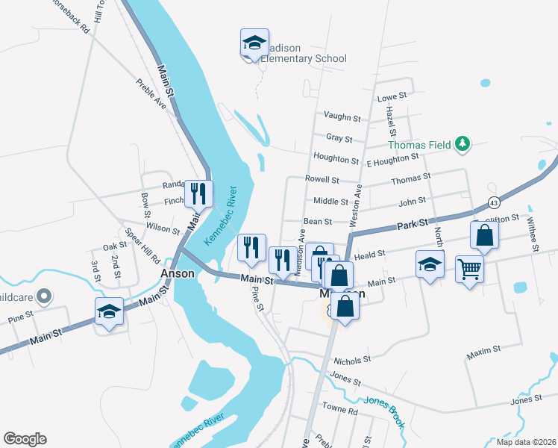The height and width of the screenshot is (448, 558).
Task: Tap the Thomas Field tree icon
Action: (x=463, y=144)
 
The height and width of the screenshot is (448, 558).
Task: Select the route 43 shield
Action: (x=495, y=202)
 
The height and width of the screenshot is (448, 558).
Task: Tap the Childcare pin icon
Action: (x=44, y=297)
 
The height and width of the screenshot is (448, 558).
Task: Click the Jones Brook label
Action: (x=385, y=411)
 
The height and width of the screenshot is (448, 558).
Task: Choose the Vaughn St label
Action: (x=342, y=118)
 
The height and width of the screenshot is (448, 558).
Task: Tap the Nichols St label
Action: (x=352, y=360)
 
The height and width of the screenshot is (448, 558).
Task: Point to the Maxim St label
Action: (x=483, y=349)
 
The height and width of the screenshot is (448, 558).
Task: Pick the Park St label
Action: (x=412, y=224)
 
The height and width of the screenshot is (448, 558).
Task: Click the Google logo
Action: (x=25, y=439)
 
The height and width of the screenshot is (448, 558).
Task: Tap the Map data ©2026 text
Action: (x=525, y=442)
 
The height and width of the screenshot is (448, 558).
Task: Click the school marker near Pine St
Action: (x=110, y=312)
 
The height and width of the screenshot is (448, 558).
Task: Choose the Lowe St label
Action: (x=392, y=96)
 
